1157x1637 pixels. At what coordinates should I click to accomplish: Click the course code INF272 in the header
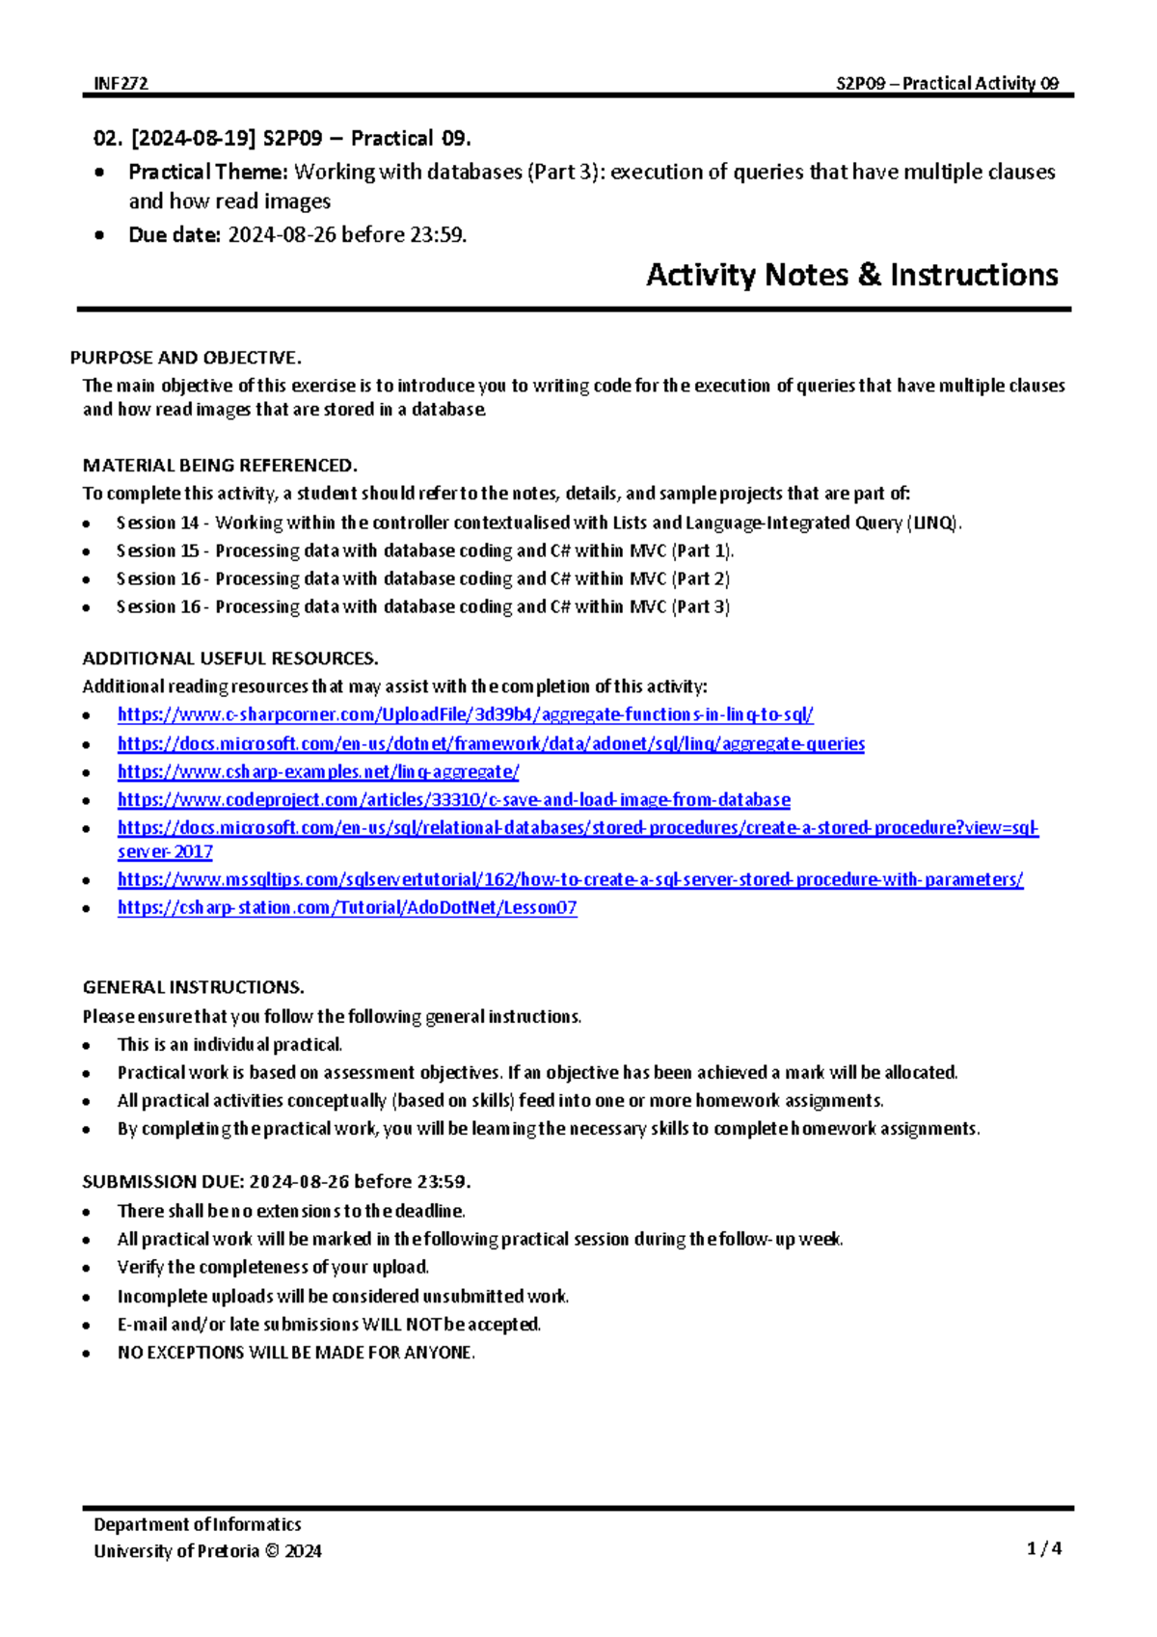121,83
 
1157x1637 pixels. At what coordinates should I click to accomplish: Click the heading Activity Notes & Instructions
851,275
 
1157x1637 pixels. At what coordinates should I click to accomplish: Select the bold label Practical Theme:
208,172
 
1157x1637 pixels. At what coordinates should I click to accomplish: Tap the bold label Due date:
175,234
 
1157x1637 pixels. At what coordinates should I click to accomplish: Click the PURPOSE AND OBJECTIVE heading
185,358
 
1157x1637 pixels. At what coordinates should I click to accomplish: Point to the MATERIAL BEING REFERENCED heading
220,465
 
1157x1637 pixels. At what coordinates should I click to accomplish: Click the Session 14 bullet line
538,523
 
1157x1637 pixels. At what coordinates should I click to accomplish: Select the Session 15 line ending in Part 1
424,550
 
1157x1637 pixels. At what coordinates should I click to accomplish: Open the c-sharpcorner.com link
465,714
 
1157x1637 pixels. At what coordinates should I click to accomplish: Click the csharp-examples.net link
318,771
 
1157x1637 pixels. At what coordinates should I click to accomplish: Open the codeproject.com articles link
453,799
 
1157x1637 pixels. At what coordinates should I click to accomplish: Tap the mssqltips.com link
570,879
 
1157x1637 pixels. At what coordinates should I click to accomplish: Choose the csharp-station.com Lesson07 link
347,907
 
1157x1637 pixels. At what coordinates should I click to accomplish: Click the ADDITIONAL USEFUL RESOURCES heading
229,658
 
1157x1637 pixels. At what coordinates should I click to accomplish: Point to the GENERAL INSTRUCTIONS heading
193,987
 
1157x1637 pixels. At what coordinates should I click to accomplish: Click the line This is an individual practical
229,1044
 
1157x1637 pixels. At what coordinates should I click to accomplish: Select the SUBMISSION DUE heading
276,1181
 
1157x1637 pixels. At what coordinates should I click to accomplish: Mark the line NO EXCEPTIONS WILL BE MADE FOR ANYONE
296,1352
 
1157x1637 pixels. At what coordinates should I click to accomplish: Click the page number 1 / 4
1044,1548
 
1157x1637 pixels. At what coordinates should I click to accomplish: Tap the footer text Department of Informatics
197,1524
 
